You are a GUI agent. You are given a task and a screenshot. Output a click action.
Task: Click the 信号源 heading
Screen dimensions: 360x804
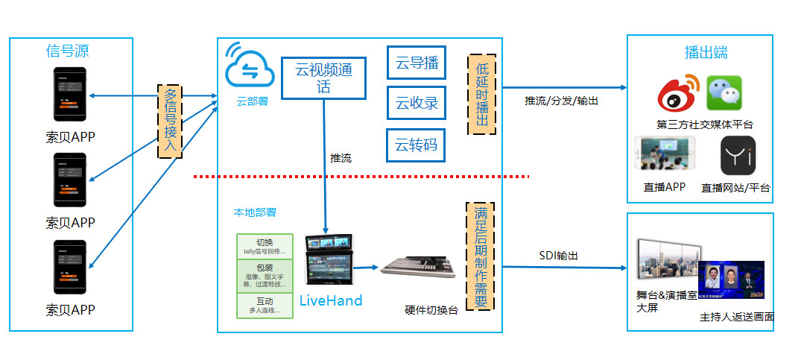click(x=67, y=51)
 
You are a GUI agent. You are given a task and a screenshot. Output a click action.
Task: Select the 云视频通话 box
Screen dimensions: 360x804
click(x=323, y=78)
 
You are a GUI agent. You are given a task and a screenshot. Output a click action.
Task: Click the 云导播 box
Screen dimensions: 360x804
click(x=416, y=63)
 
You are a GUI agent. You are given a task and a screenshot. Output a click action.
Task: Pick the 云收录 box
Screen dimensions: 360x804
click(x=416, y=103)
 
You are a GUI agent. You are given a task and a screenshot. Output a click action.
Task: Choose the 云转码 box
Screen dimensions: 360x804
click(x=416, y=145)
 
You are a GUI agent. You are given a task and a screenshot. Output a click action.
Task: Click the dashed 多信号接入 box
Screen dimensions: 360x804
click(x=171, y=121)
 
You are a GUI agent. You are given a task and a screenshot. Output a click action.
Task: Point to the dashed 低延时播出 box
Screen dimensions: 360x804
click(x=481, y=94)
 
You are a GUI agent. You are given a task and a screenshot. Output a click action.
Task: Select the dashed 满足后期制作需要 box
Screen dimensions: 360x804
click(x=481, y=256)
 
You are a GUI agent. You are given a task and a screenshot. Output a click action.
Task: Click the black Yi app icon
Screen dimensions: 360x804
click(x=738, y=156)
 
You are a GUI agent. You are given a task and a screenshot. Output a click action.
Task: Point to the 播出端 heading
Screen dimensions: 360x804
click(x=706, y=53)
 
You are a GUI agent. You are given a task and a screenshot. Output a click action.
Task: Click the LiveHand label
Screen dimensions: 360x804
click(x=331, y=300)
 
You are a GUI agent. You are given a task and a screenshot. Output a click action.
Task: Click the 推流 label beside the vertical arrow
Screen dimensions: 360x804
click(x=341, y=158)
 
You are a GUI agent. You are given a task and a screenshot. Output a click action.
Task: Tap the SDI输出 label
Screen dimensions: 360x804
click(x=559, y=256)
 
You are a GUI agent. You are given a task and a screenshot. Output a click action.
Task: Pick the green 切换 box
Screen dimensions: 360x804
click(x=265, y=246)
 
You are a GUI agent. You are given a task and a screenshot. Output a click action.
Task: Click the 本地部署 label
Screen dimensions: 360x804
click(x=255, y=212)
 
